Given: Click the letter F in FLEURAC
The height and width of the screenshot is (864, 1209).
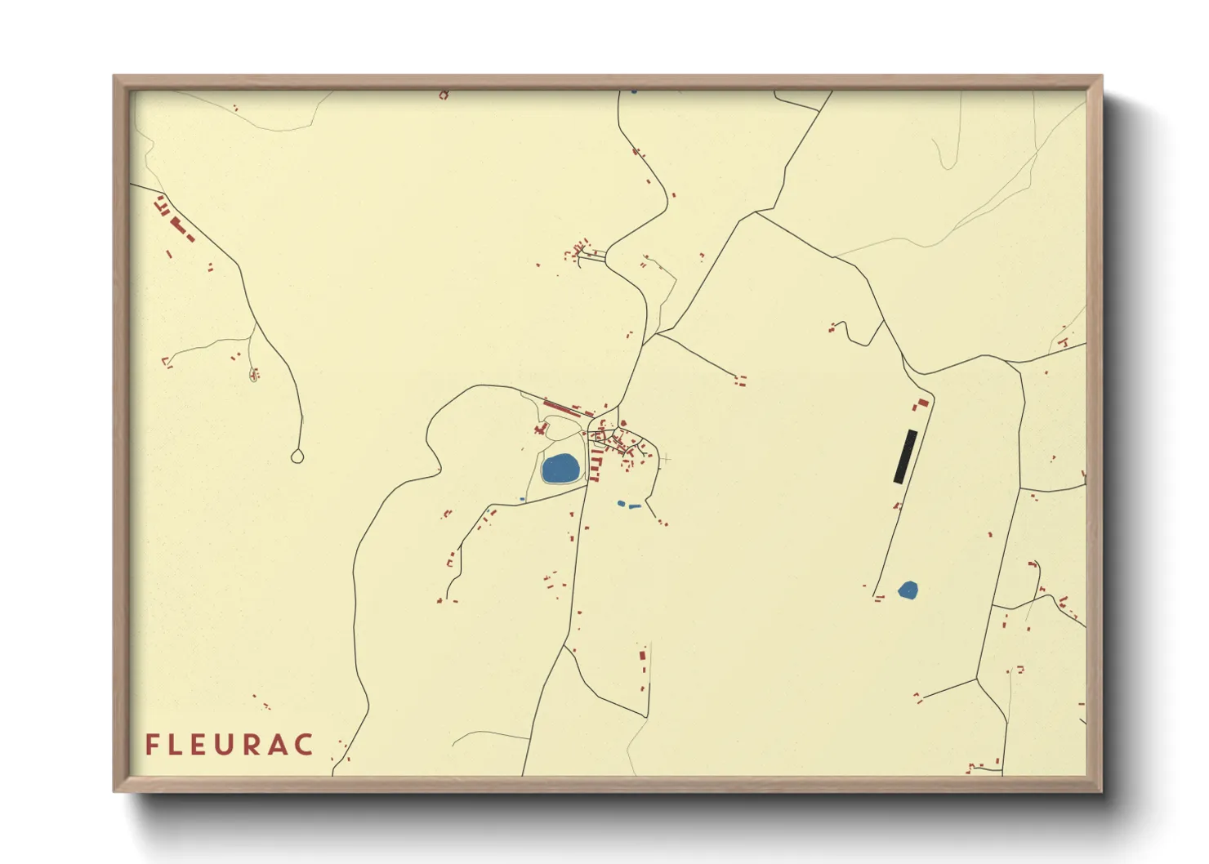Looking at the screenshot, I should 151,745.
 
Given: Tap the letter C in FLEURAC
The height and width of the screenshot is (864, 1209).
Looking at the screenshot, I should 305,745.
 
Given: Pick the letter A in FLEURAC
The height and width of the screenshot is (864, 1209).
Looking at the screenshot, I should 279,745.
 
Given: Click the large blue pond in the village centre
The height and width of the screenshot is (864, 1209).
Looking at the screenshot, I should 560,469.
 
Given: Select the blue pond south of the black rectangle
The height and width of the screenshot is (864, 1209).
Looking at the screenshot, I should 908,590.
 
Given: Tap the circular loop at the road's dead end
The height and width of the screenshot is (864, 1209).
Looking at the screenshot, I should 297,456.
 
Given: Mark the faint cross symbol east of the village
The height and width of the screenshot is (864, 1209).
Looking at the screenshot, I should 666,459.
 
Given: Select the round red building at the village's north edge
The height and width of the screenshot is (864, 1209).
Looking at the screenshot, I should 623,423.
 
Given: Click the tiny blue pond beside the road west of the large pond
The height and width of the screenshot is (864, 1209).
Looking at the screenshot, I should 522,499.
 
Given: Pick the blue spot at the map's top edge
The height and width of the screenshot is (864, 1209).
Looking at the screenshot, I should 634,91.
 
